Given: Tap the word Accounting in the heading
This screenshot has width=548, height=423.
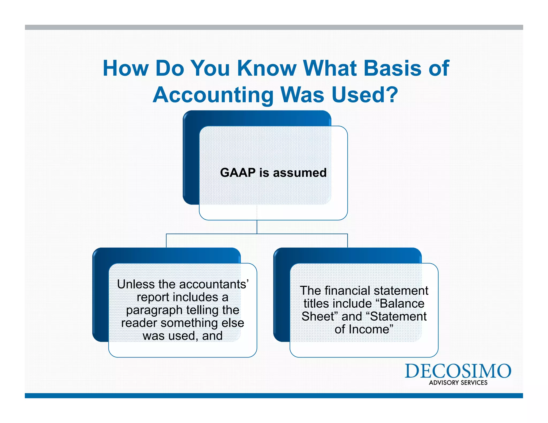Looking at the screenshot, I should tap(213, 95).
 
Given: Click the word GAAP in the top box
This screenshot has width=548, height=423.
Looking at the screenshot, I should tap(238, 173).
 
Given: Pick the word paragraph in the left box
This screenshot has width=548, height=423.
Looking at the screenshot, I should tap(154, 310).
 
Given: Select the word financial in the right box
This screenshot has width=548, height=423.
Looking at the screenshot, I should tap(347, 291).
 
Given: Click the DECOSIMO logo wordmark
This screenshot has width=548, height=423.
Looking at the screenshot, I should tap(458, 371).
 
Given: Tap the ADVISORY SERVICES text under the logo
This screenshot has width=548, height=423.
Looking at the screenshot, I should tap(458, 383).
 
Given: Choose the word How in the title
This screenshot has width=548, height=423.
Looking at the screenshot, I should tap(125, 68).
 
